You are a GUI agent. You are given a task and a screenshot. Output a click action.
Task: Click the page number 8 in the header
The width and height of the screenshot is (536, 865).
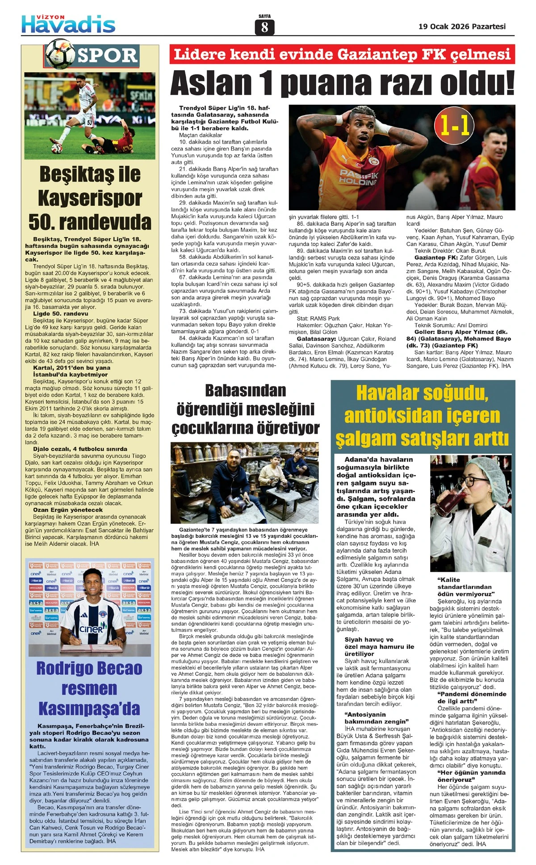click(x=264, y=27)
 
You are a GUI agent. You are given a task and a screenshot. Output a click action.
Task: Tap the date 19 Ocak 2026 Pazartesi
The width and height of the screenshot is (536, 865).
click(x=462, y=26)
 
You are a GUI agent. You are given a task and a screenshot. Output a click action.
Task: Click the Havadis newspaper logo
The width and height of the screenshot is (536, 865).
click(x=68, y=24)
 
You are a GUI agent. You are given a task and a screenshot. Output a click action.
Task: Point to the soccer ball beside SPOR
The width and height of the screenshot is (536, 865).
click(x=60, y=52)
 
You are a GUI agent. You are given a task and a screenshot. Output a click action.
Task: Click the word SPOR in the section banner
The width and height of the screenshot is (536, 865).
click(x=107, y=55)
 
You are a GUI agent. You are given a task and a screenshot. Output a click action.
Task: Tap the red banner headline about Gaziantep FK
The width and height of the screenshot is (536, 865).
click(x=342, y=54)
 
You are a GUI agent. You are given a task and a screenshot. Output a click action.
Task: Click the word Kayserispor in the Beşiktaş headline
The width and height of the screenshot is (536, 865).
click(x=90, y=198)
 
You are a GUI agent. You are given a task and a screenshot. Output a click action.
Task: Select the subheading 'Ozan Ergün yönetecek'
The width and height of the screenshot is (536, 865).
click(x=67, y=510)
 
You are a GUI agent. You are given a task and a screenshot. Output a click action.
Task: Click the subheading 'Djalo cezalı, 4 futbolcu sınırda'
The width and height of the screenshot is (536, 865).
click(x=80, y=449)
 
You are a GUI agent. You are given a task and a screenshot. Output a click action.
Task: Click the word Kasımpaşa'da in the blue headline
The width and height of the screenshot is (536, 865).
click(x=89, y=708)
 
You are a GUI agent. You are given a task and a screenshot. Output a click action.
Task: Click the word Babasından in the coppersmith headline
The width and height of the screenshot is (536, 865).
click(x=245, y=391)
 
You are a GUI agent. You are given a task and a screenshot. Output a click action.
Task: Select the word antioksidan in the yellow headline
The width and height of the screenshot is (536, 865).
click(x=384, y=416)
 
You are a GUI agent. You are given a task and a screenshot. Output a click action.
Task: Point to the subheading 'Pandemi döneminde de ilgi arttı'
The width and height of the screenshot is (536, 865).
click(x=472, y=698)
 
